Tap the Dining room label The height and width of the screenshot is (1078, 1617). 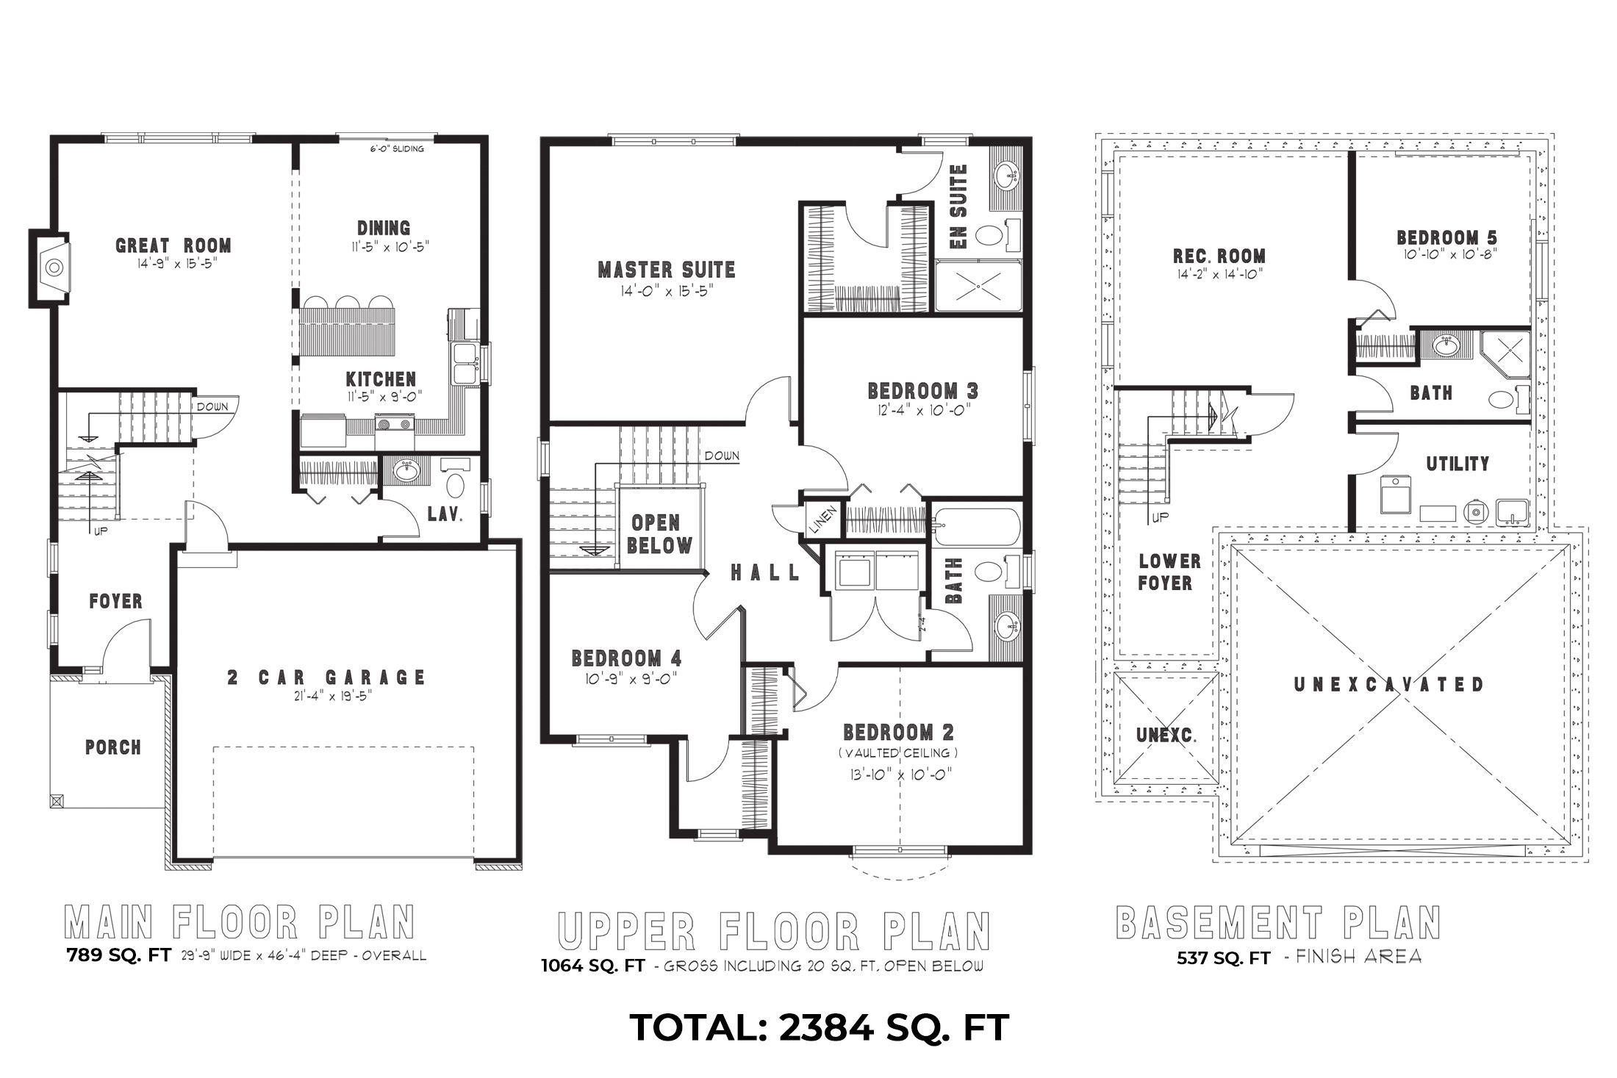(x=384, y=228)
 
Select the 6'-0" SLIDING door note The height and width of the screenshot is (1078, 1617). (x=398, y=149)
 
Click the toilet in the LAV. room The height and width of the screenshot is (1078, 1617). (x=455, y=486)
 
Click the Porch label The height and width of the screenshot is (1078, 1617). (x=112, y=747)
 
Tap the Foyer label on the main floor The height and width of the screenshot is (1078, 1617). (x=115, y=601)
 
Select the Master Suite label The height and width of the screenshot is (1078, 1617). (x=667, y=270)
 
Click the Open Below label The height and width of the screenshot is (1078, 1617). (x=661, y=534)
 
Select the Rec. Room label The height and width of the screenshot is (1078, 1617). (x=1219, y=256)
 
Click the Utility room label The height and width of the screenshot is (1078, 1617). (x=1458, y=464)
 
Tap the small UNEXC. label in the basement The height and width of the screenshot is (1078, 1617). (x=1166, y=735)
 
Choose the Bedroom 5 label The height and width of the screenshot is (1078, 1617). (x=1446, y=237)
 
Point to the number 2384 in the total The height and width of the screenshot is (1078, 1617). (x=825, y=1027)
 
